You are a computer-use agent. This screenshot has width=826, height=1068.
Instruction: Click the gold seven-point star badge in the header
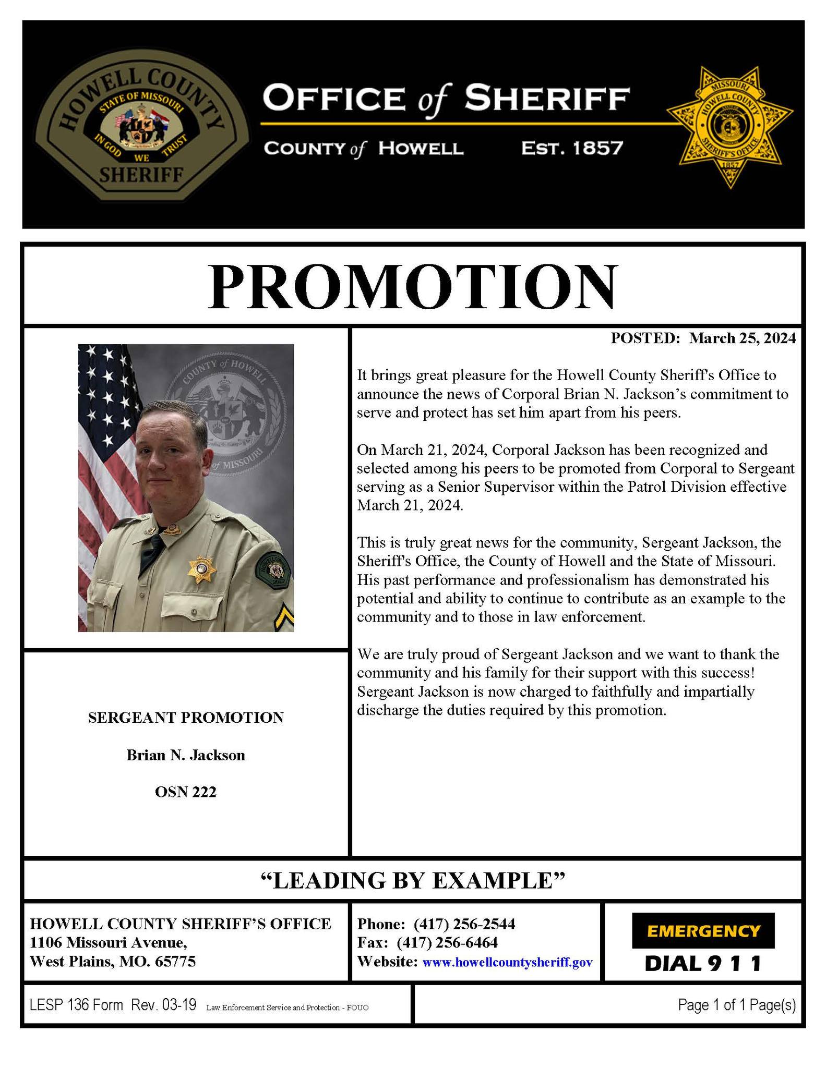pyautogui.click(x=729, y=127)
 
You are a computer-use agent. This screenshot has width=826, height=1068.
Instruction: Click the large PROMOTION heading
pyautogui.click(x=412, y=287)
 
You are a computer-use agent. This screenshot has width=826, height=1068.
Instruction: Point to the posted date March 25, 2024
pyautogui.click(x=742, y=338)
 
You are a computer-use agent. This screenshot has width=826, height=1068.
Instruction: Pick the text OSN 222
pyautogui.click(x=185, y=792)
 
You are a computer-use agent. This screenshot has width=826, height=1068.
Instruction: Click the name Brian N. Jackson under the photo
pyautogui.click(x=185, y=755)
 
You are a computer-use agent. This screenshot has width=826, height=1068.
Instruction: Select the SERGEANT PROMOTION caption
pyautogui.click(x=185, y=718)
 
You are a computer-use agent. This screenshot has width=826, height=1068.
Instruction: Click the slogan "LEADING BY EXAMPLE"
pyautogui.click(x=412, y=880)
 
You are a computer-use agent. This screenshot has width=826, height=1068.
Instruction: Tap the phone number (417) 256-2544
pyautogui.click(x=464, y=924)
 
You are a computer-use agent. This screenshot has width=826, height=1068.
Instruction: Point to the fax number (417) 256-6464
pyautogui.click(x=447, y=943)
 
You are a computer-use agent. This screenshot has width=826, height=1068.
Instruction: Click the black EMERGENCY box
pyautogui.click(x=703, y=931)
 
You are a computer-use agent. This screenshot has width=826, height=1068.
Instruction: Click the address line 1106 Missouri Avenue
pyautogui.click(x=108, y=943)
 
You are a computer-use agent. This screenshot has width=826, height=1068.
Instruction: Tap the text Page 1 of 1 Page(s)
pyautogui.click(x=736, y=1005)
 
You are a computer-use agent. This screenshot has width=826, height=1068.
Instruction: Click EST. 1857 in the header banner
pyautogui.click(x=572, y=149)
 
